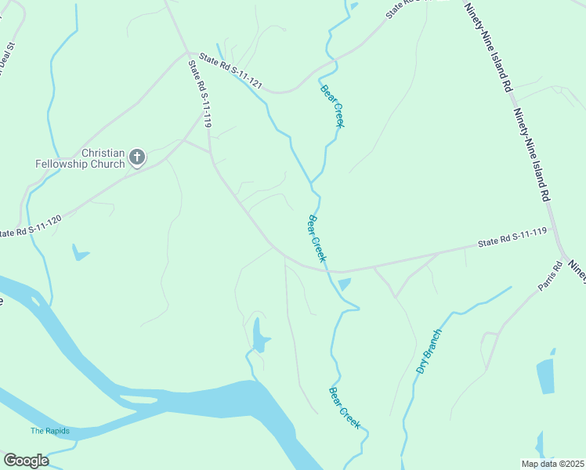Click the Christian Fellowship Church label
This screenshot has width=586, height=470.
click(x=81, y=158)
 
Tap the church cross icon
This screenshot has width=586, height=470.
click(x=137, y=158)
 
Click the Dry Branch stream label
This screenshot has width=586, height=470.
click(x=429, y=351)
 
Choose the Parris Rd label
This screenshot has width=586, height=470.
click(x=551, y=277)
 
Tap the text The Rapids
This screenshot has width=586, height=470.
click(x=50, y=432)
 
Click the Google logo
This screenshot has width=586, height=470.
click(x=26, y=461)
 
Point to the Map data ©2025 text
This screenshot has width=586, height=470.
click(x=552, y=464)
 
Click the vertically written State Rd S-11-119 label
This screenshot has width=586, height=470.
click(x=201, y=95)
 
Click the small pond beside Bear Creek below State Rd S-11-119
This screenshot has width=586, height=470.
click(x=344, y=284)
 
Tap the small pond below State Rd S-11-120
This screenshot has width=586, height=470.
click(x=79, y=253)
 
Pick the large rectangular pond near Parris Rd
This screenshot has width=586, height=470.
click(x=546, y=376)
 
